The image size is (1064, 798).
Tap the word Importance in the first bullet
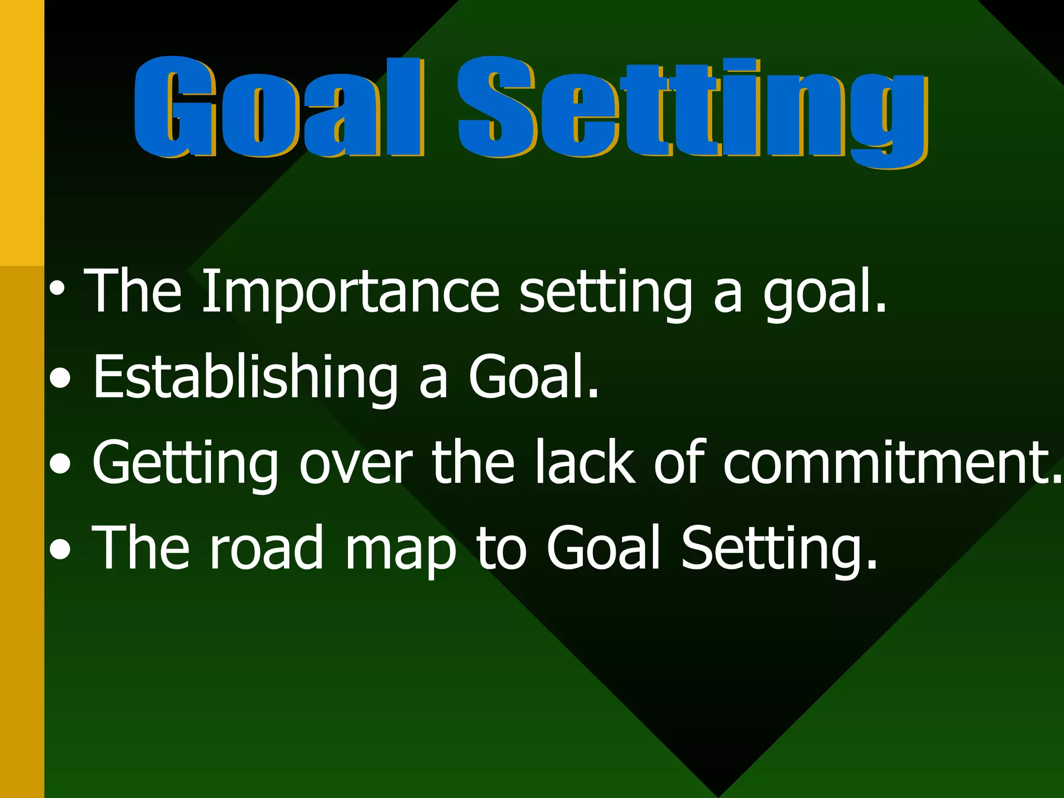pos(351,292)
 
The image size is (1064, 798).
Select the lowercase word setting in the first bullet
pos(606,294)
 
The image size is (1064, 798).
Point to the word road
pos(267,548)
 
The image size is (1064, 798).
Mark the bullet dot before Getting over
pos(61,464)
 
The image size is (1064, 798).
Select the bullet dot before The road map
pos(60,550)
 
